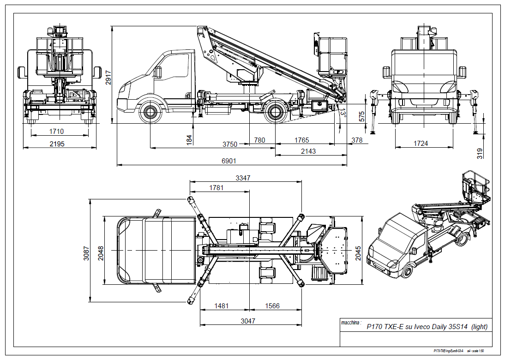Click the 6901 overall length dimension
tap(229, 161)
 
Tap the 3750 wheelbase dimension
tap(229, 144)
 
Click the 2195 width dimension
tap(57, 144)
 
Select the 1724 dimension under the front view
tap(421, 144)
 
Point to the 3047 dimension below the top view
tap(248, 321)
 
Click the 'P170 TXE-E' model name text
tap(385, 327)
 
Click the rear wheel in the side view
tap(276, 112)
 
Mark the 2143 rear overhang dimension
tap(308, 151)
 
